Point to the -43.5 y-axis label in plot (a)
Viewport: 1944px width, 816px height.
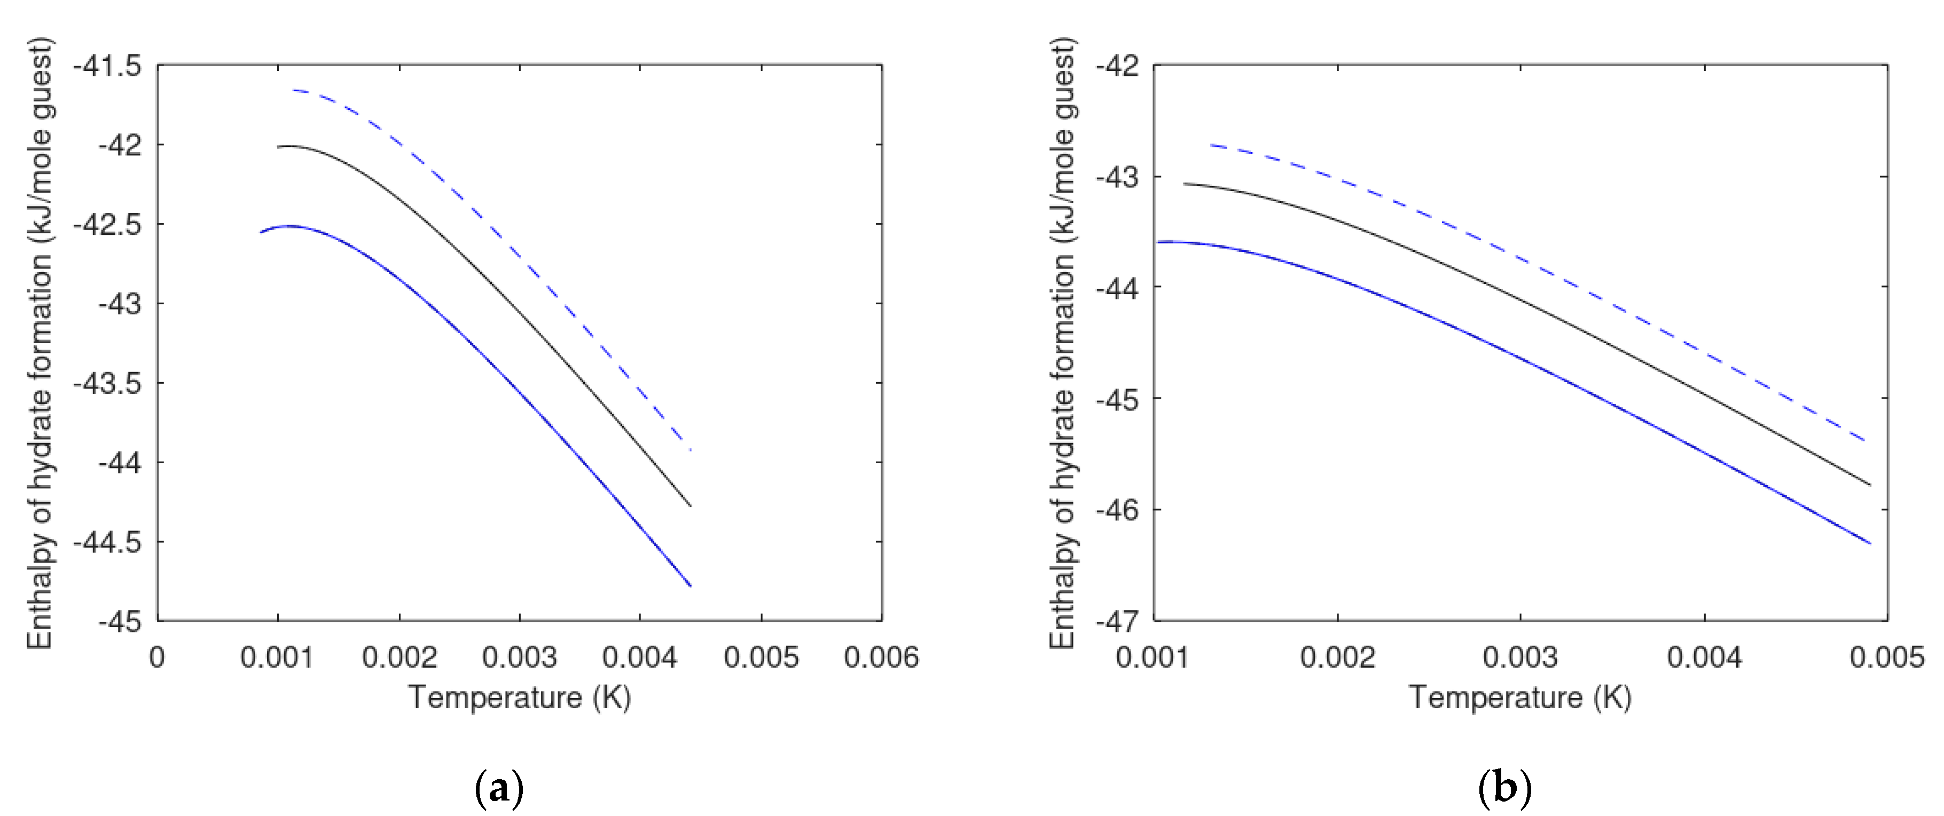coord(107,384)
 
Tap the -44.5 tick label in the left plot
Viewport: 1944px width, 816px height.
coord(107,542)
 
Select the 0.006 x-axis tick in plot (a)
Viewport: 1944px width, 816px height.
coord(881,657)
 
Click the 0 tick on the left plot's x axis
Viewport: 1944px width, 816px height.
coord(157,657)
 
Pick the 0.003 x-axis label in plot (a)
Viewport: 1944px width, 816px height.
coord(519,657)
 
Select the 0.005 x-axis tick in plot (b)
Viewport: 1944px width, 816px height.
coord(1887,657)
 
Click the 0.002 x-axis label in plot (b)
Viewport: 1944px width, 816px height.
coord(1337,657)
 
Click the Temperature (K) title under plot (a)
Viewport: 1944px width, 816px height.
coord(519,698)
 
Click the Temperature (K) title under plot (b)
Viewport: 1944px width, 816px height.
coord(1520,698)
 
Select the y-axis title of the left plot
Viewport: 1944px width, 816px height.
coord(39,343)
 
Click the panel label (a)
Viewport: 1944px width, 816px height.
coord(499,789)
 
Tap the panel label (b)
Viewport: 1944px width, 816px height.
coord(1504,789)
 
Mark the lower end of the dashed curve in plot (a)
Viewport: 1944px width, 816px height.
coord(690,449)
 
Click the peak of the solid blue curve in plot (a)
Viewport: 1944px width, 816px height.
coord(289,226)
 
